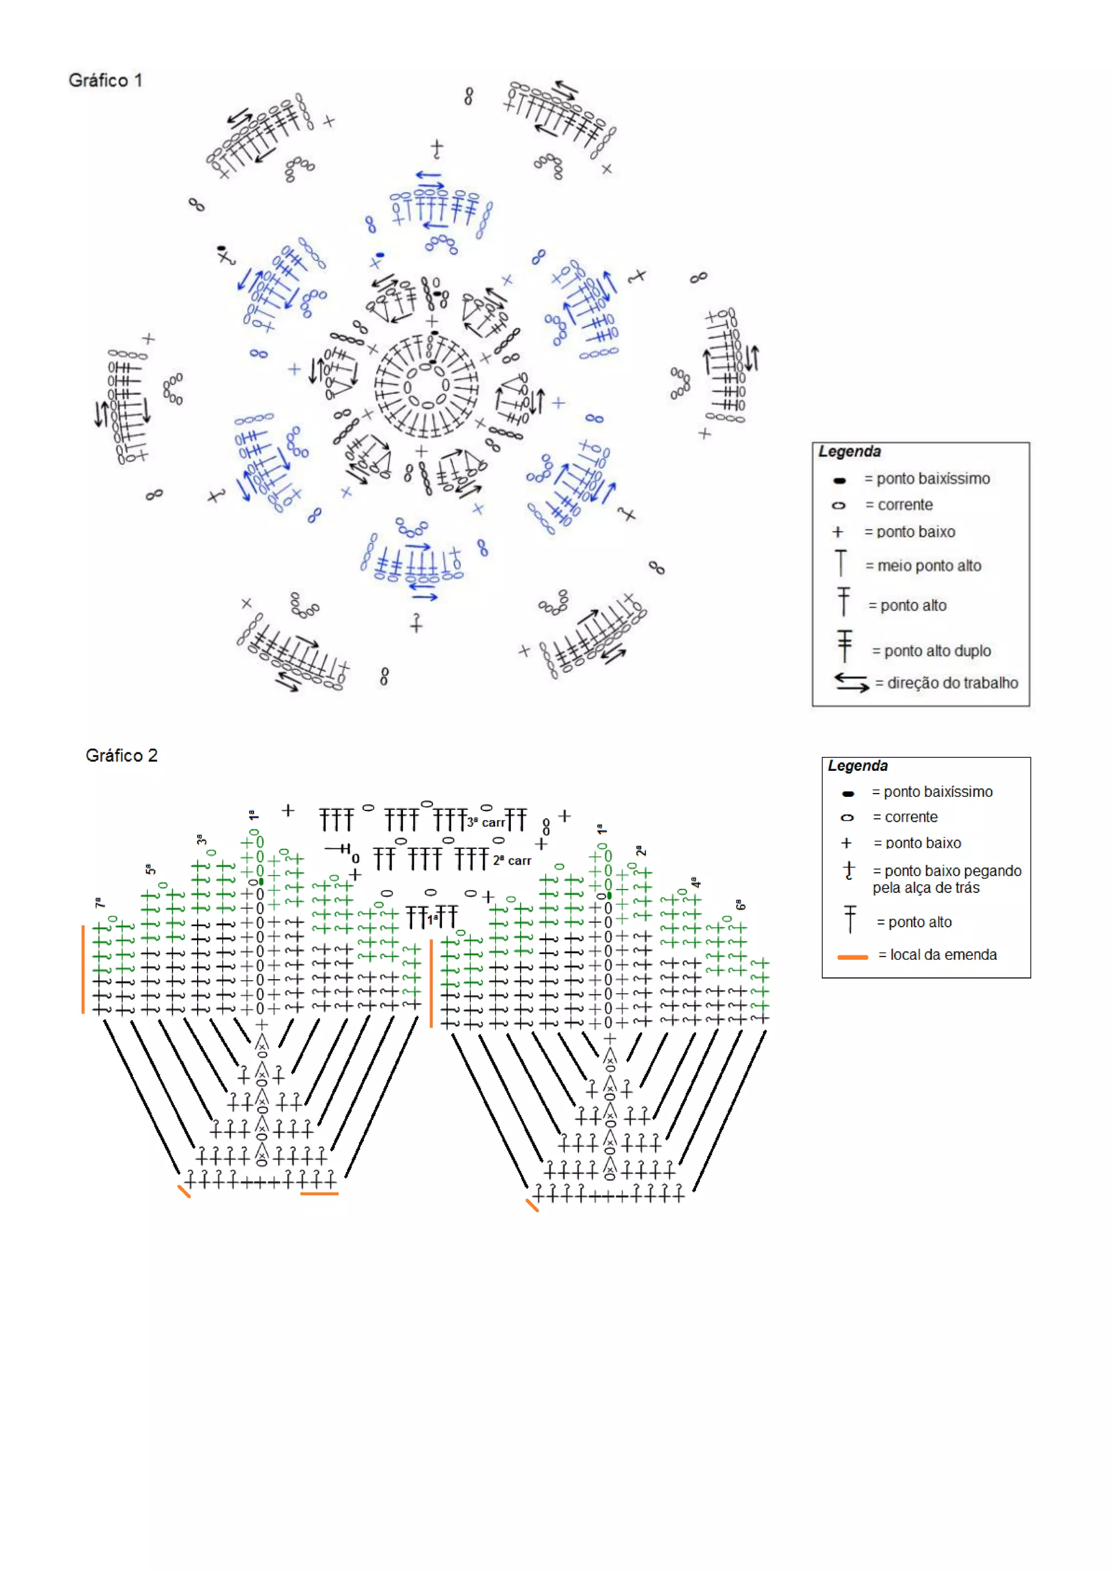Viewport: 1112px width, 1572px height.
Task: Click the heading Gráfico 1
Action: click(105, 80)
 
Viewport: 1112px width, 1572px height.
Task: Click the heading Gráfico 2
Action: click(121, 755)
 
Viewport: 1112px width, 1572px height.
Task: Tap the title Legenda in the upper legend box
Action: click(849, 451)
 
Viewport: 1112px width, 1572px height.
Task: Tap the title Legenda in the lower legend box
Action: click(857, 765)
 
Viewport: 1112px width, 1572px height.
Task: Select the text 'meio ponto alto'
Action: click(928, 566)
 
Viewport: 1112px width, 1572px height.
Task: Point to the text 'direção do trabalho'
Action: click(952, 683)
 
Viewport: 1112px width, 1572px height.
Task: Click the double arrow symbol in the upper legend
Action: click(851, 682)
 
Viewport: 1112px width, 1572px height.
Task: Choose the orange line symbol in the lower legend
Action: click(852, 956)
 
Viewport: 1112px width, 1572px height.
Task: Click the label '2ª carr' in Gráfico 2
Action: click(511, 860)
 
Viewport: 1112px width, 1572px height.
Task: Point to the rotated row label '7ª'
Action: click(99, 902)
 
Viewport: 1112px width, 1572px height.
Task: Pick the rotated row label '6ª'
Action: click(740, 905)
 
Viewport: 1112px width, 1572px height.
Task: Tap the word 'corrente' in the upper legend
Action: click(905, 505)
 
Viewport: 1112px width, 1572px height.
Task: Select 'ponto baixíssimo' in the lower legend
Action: click(937, 791)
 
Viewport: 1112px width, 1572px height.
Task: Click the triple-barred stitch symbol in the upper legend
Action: click(844, 645)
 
